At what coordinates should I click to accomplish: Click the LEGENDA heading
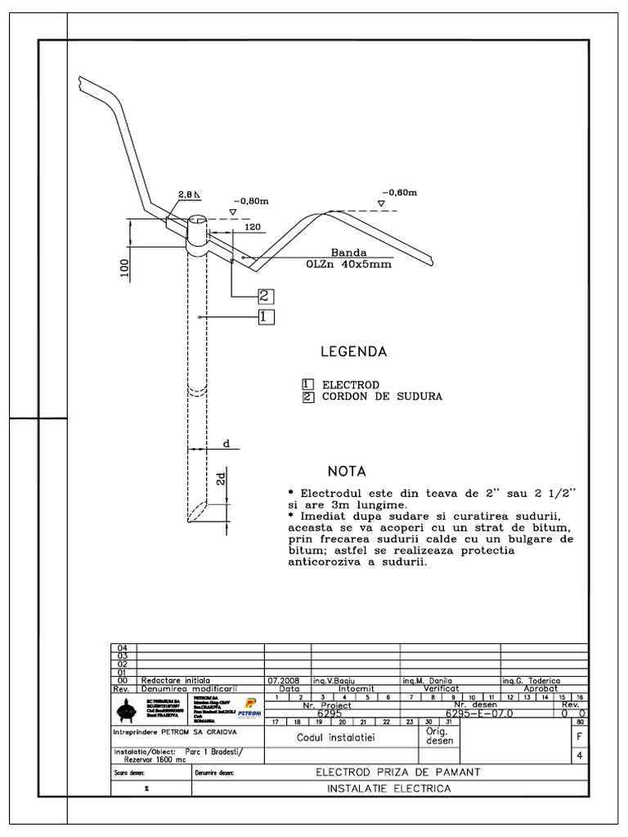click(353, 352)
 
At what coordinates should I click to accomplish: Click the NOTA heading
click(348, 472)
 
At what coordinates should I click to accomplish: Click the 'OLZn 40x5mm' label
click(349, 265)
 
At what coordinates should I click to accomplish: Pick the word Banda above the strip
click(348, 253)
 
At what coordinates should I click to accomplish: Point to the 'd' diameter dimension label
click(227, 443)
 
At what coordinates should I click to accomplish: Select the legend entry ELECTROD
click(349, 384)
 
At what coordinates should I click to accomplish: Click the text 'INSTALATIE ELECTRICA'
click(388, 789)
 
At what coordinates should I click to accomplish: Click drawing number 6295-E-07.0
click(483, 713)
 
